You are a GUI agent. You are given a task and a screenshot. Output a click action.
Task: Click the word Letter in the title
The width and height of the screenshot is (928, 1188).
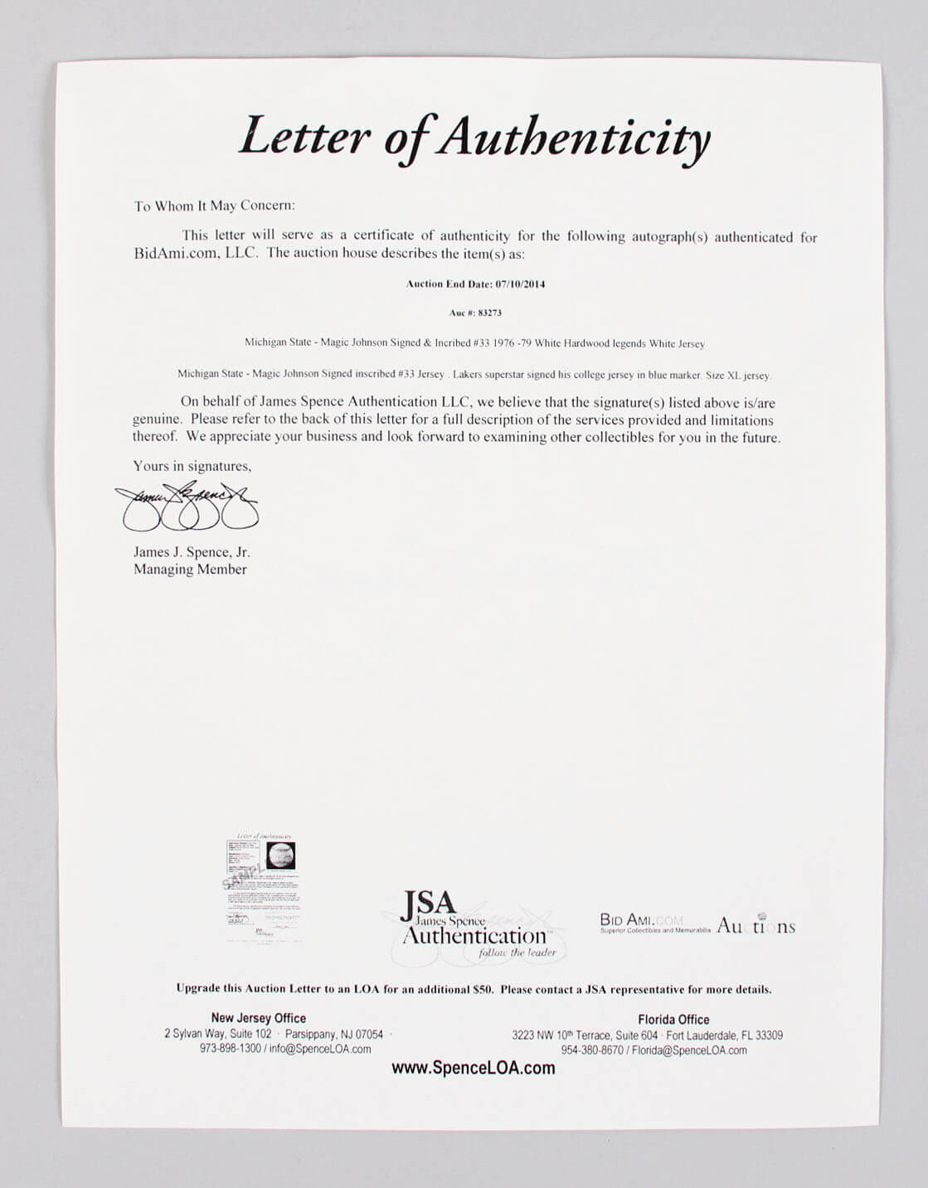point(304,135)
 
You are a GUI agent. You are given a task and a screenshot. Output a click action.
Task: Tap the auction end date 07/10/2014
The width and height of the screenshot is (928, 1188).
point(520,284)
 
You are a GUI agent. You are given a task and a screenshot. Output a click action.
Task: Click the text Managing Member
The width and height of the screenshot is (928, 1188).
point(190,570)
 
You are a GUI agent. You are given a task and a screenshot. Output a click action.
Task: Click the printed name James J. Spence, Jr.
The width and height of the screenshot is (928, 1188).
point(192,552)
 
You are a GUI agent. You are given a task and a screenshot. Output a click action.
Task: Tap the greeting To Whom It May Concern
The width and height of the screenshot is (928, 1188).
point(214,206)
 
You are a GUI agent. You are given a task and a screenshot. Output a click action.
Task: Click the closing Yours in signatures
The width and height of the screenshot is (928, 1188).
point(192,466)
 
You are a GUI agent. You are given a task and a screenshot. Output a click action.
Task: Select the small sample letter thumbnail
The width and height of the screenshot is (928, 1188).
point(261,888)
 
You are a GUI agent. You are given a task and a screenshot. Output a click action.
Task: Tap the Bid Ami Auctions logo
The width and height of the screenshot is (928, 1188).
point(697,925)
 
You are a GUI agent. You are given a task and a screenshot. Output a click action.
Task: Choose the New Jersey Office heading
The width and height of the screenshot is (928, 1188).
point(258,1018)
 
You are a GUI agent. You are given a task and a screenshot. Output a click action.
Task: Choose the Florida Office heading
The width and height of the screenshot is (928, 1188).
point(673,1020)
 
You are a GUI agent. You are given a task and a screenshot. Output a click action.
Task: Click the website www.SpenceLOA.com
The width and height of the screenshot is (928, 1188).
point(473,1068)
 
